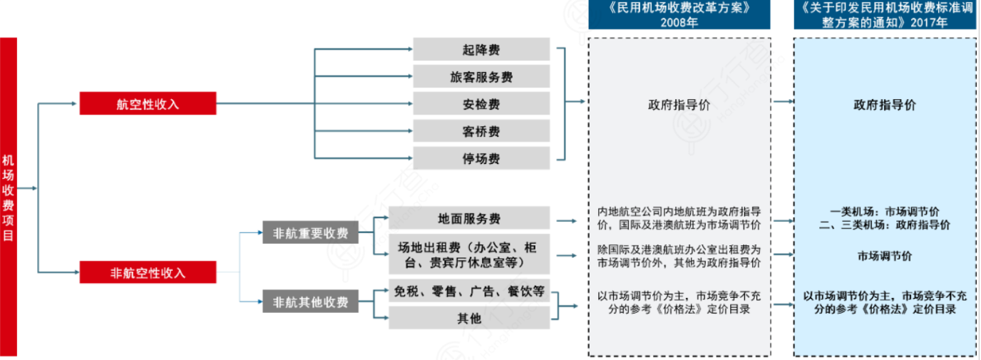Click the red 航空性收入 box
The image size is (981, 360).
click(148, 104)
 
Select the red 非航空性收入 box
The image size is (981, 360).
click(148, 272)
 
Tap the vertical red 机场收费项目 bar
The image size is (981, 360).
click(8, 196)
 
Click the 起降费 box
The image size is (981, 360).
click(481, 49)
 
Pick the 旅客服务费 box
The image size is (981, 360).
click(481, 76)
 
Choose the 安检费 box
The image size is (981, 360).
click(481, 103)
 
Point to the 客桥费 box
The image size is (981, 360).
click(481, 130)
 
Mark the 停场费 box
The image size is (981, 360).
click(481, 158)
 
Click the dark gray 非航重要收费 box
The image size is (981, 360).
click(310, 232)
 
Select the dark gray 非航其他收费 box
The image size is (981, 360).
click(310, 302)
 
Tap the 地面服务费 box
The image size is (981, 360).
click(469, 218)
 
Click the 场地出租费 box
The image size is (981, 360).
click(469, 254)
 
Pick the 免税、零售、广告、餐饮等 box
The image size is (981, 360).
click(469, 291)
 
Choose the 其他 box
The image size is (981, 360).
click(469, 318)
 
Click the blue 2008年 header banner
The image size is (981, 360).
click(679, 15)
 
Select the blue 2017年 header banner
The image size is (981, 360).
click(884, 15)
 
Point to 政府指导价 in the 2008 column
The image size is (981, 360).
click(679, 105)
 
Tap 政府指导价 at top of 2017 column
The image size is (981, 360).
click(884, 105)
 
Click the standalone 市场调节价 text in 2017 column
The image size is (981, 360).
click(884, 256)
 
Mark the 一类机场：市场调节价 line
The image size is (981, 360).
click(884, 212)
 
